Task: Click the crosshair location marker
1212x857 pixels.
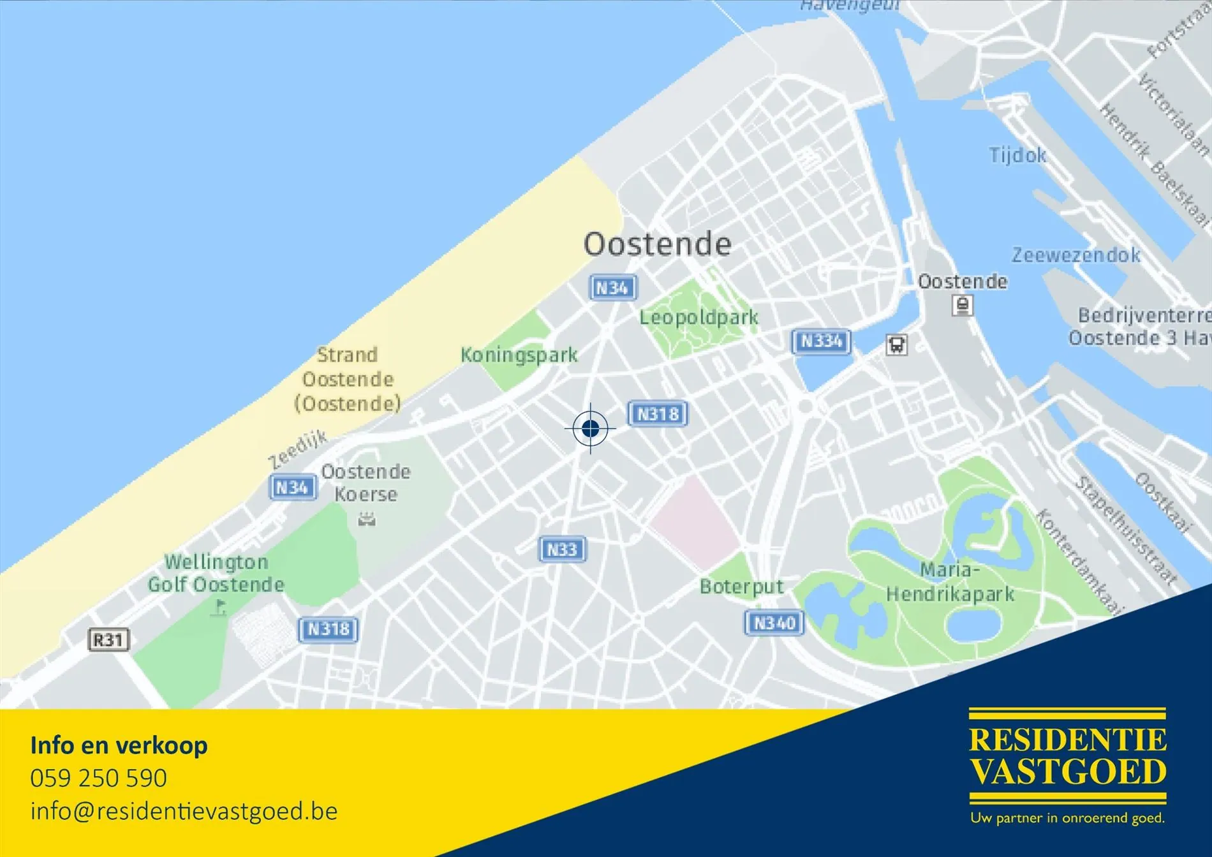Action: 590,428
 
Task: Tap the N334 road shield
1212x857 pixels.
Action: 821,341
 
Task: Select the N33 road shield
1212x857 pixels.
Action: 562,549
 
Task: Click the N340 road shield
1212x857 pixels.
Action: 774,623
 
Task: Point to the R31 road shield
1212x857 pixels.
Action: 108,640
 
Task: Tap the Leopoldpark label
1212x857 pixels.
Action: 699,317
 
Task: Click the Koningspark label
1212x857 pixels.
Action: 519,355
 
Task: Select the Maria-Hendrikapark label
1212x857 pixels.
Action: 950,581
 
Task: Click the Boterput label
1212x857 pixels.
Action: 741,586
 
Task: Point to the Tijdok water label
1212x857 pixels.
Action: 1017,155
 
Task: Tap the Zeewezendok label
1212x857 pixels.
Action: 1076,255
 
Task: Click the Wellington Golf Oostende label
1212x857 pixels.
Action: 216,573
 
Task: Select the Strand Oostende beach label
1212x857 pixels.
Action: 348,379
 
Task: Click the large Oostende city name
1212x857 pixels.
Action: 657,244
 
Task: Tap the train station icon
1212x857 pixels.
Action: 963,306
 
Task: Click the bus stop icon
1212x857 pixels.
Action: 896,345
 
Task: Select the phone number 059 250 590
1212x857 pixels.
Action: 99,779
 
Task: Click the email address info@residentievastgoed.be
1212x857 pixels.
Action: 184,811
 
